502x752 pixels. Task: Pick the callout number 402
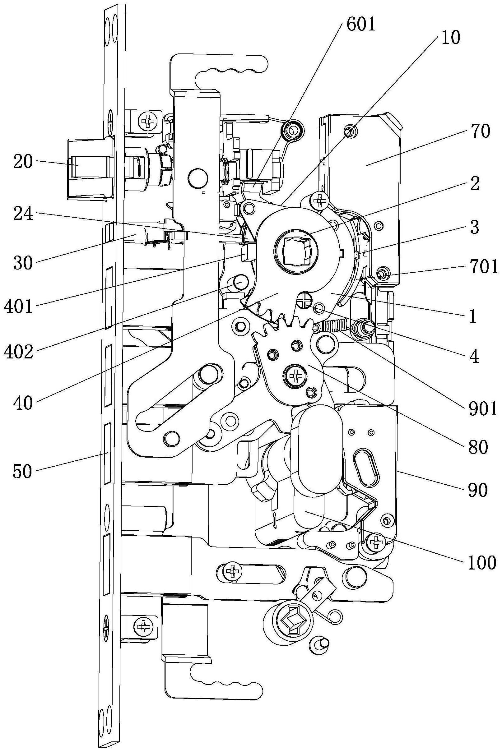pos(19,352)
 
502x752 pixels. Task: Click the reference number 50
pos(23,472)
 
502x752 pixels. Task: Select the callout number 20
pos(23,163)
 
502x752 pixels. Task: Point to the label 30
pos(23,263)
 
